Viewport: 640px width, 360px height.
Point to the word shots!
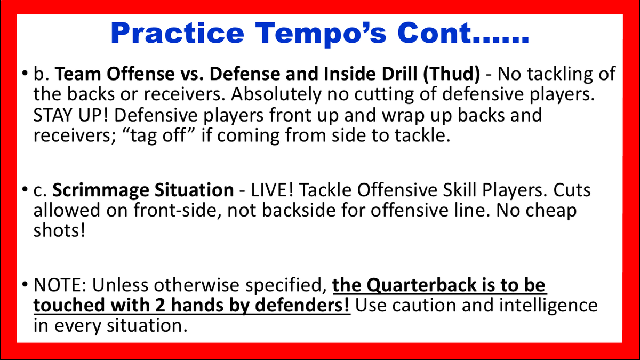(59, 230)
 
